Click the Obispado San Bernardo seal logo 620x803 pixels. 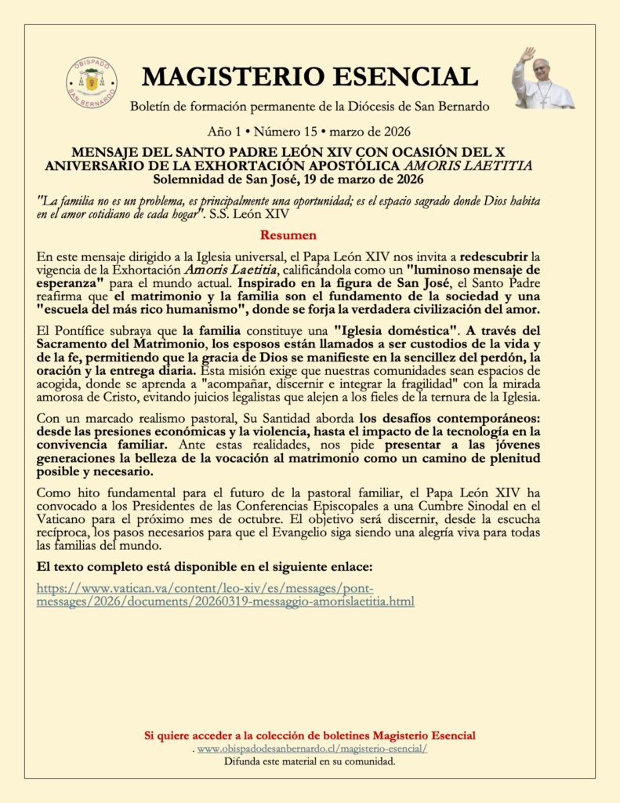(92, 82)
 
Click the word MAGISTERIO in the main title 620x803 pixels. (234, 77)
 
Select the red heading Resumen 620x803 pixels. (288, 234)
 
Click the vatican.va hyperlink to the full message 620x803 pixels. (226, 594)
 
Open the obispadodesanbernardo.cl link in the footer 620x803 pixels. (312, 749)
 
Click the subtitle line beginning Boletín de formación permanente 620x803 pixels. (310, 106)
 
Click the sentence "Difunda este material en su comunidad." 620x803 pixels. (310, 761)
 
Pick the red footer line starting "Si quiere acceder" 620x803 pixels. (310, 736)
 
